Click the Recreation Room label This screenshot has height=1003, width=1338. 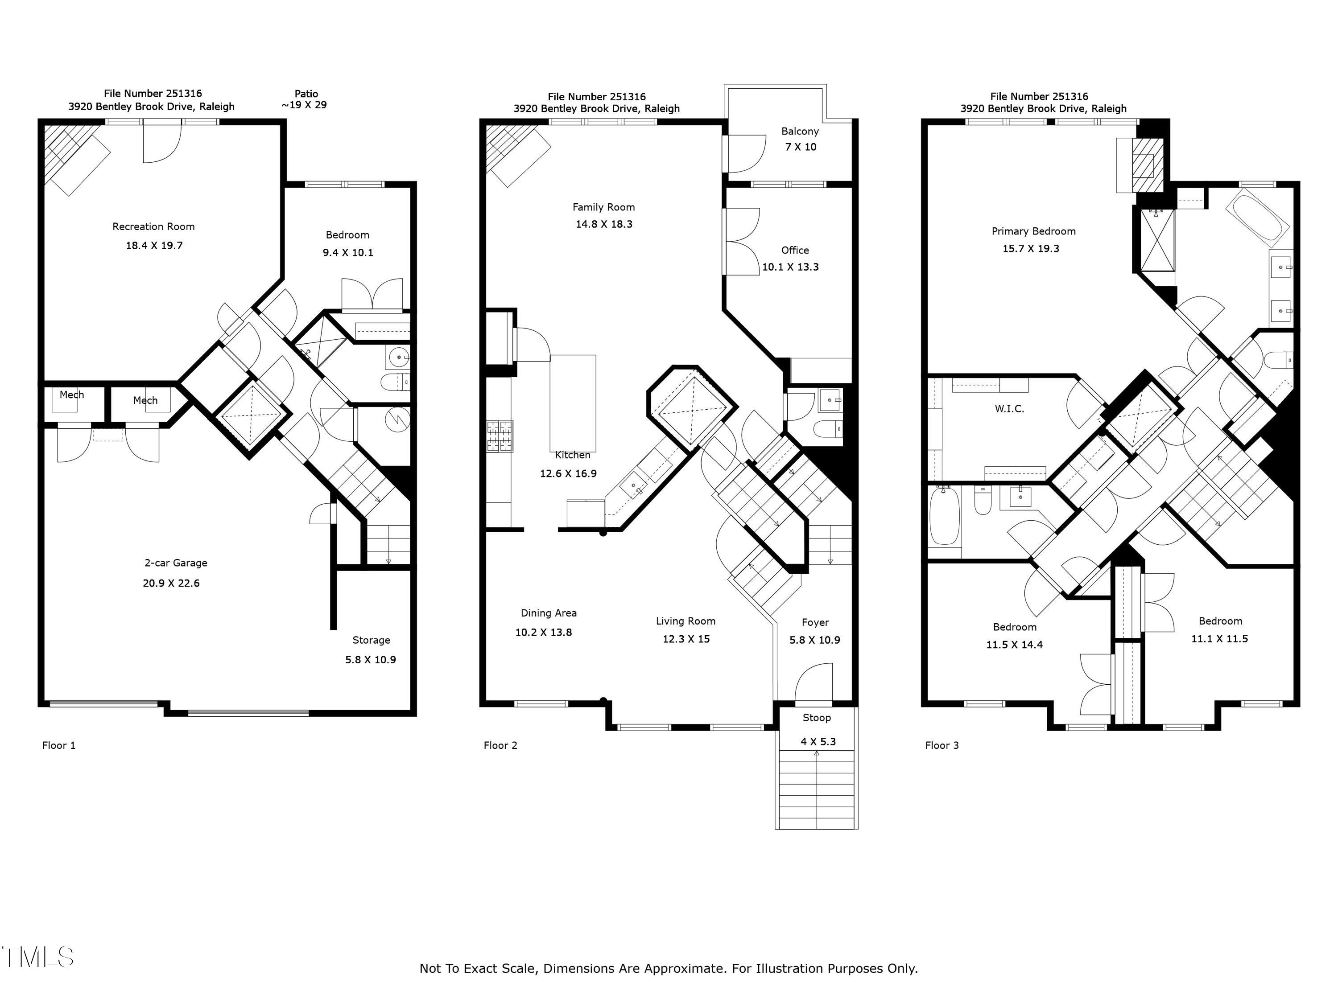[x=153, y=227]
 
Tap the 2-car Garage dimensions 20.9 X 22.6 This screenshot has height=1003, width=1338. [x=171, y=584]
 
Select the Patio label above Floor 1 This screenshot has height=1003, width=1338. [x=306, y=94]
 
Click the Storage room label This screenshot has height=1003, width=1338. [x=372, y=640]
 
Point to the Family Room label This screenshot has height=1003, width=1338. [x=604, y=207]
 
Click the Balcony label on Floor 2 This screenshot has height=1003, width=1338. [x=800, y=131]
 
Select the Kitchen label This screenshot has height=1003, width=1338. [x=572, y=455]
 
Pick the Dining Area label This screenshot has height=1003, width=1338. [x=549, y=613]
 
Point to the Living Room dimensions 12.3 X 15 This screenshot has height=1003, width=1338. [x=686, y=639]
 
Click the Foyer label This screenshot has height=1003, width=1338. [x=815, y=623]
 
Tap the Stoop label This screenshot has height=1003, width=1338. [x=817, y=718]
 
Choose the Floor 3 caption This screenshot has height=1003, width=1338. [x=942, y=745]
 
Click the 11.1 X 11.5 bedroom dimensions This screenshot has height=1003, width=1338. [x=1219, y=639]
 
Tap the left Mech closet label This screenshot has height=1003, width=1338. [x=71, y=395]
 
